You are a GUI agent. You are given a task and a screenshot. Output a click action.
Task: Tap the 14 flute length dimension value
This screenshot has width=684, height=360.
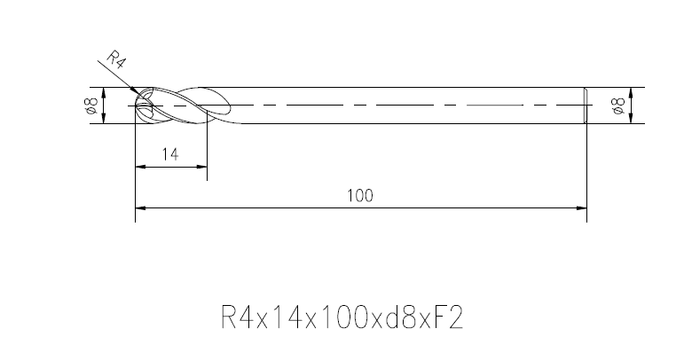171,154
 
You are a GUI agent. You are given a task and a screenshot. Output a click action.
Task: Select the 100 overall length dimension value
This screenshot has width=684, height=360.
361,196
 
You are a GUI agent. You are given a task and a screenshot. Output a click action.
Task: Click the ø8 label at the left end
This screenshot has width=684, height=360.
90,106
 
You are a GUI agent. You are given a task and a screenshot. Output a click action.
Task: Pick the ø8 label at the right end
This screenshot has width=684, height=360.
618,106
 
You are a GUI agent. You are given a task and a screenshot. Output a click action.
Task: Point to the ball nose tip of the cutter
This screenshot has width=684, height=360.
136,106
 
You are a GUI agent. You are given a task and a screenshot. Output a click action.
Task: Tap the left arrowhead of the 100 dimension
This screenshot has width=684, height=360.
139,209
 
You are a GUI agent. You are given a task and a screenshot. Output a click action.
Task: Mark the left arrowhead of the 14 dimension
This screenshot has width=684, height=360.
139,166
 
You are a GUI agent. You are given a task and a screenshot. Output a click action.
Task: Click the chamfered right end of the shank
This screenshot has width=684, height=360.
585,106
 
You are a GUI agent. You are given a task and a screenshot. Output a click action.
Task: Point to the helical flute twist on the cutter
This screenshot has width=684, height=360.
191,103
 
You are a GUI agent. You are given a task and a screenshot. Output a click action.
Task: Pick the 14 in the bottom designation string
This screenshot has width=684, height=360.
274,317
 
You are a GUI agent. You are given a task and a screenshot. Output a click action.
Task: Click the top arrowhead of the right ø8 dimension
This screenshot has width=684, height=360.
631,91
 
